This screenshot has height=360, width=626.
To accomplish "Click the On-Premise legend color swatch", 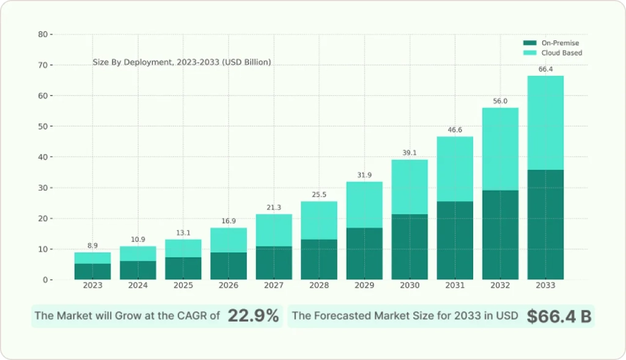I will coord(530,43).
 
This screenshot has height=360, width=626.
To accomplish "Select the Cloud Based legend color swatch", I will coord(530,53).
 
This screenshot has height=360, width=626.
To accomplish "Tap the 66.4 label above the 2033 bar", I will coord(545,69).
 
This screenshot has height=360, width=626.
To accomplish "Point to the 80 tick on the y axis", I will coord(42,34).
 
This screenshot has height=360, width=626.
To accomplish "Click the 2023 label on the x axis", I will coord(93,285).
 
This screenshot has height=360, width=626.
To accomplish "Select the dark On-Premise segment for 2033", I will coord(545,224).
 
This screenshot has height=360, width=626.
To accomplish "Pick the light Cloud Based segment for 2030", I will coord(410,187).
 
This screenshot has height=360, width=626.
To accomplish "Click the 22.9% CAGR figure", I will coord(253,316).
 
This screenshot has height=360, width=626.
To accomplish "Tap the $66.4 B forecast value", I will coord(559,316).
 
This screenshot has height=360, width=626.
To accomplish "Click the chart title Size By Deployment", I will coord(182,62).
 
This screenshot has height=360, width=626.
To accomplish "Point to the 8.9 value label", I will coord(93,245).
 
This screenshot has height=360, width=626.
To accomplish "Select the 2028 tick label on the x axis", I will coord(319,285).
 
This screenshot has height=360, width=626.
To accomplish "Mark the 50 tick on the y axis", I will coord(42,127).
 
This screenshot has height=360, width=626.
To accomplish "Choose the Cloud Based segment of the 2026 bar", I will coord(229,240).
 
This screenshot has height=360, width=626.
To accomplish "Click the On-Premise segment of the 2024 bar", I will coord(138,270).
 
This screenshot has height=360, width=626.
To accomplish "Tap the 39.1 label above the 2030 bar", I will coord(410,153).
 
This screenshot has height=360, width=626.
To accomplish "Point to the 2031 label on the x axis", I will coord(455,285).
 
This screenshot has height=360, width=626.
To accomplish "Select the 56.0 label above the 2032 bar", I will coord(500,101).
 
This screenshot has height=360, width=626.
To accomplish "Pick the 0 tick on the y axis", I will coord(45,280).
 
